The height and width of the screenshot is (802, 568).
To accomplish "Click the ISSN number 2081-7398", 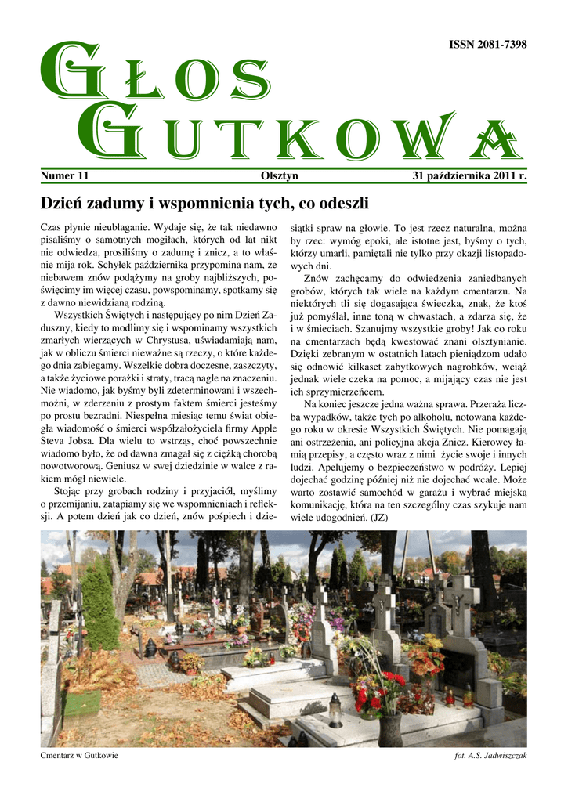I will coord(487,45).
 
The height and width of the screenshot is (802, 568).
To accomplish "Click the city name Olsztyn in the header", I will coord(279,176).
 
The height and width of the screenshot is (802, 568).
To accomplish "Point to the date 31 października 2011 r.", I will coord(469,176).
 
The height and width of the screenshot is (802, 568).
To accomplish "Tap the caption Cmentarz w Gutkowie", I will coord(78,756).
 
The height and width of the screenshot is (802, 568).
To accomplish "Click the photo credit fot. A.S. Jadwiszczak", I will coord(490,756).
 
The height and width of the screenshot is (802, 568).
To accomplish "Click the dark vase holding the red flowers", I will coord(389,729).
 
